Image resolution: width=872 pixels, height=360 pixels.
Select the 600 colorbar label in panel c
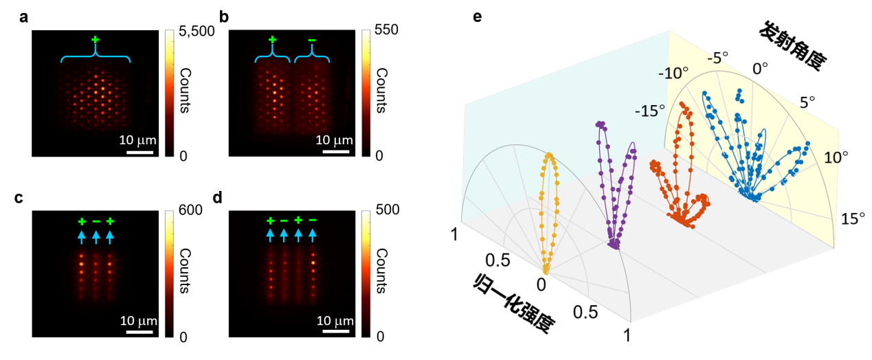(191, 212)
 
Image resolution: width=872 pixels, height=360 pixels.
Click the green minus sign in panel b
(312, 41)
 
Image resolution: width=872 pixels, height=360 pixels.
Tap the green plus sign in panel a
(95, 42)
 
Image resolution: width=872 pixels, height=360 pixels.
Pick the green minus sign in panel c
(96, 221)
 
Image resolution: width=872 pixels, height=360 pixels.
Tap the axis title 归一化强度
(513, 302)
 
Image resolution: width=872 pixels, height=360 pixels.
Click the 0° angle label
(759, 69)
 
